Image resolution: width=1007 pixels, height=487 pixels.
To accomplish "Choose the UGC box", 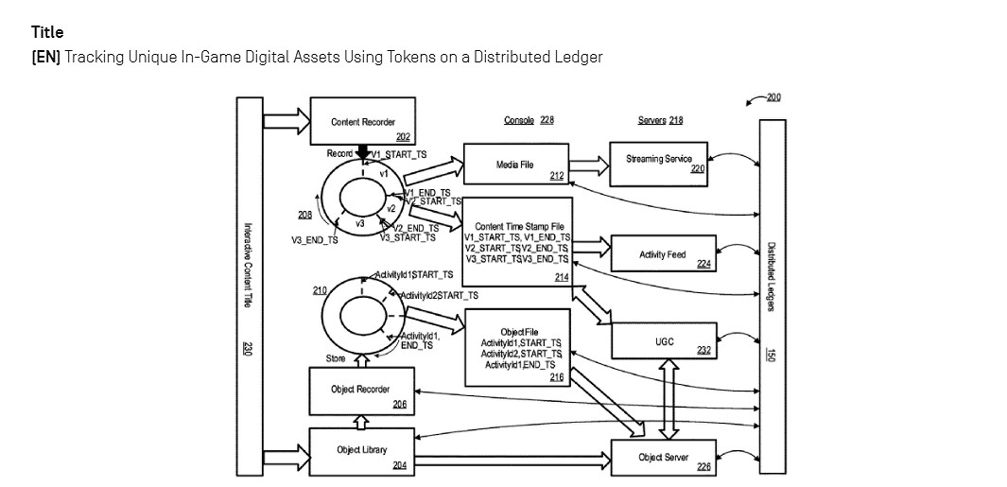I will pyautogui.click(x=664, y=341).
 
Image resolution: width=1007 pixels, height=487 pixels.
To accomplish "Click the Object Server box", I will pyautogui.click(x=663, y=457).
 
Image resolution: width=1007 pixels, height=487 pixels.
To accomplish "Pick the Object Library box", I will pyautogui.click(x=362, y=450).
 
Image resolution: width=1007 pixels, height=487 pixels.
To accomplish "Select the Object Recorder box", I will pyautogui.click(x=362, y=390).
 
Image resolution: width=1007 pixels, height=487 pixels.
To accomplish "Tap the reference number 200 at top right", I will pyautogui.click(x=773, y=97).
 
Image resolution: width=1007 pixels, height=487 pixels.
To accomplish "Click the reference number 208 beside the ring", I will pyautogui.click(x=304, y=216).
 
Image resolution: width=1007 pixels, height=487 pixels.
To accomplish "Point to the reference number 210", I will pyautogui.click(x=320, y=290).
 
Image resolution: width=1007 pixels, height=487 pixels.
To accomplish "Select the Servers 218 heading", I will pyautogui.click(x=660, y=120).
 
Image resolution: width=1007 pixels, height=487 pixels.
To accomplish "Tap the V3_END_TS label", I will pyautogui.click(x=314, y=240).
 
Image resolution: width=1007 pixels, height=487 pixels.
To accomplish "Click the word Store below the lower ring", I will pyautogui.click(x=336, y=358).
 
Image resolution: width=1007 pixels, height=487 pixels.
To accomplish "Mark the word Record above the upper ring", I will pyautogui.click(x=339, y=153).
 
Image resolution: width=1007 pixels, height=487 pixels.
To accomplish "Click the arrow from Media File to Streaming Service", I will pyautogui.click(x=589, y=165).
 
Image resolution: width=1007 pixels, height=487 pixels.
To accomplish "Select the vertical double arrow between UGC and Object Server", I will pyautogui.click(x=668, y=398).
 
